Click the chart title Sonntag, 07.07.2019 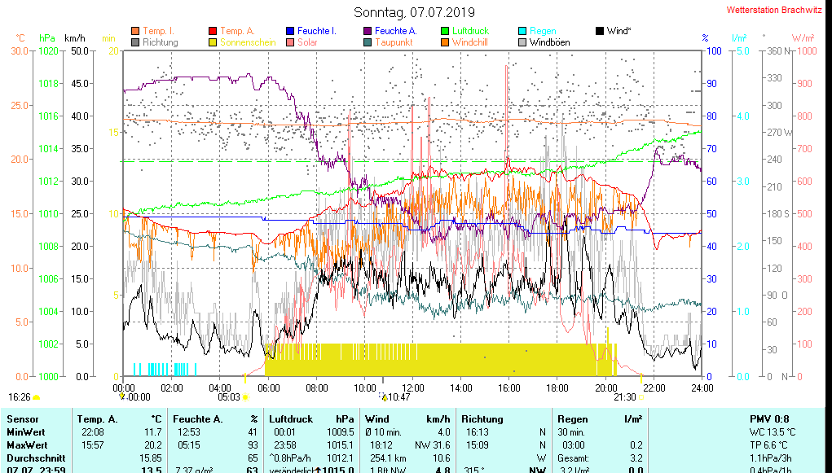[415, 12]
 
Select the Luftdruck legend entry [470, 31]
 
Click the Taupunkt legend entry [394, 42]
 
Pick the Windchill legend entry [469, 42]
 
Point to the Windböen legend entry [549, 42]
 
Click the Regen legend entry [543, 31]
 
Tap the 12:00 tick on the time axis [413, 388]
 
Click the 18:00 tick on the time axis [557, 388]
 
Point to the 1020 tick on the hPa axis [48, 50]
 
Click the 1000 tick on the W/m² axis [805, 50]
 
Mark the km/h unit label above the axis [74, 37]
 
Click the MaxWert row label [27, 445]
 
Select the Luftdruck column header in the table [289, 418]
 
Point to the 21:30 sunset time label [624, 397]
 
